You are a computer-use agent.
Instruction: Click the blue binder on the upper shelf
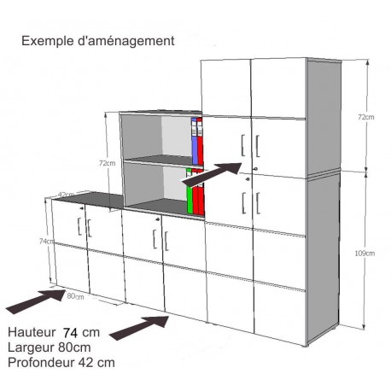[195, 141]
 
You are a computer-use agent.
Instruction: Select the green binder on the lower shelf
[190, 190]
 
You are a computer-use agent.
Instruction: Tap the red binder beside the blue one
[200, 141]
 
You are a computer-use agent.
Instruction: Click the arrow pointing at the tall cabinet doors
[212, 174]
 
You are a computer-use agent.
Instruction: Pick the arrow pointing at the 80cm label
[36, 301]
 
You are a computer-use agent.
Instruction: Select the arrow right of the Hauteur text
[139, 328]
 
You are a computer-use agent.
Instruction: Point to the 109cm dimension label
[365, 253]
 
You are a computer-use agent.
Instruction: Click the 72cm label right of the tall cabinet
[366, 117]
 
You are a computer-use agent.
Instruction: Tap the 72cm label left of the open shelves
[107, 163]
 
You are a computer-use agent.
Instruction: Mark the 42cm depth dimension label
[66, 195]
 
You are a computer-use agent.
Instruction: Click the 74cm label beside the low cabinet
[47, 241]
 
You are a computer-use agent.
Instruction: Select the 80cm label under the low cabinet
[75, 296]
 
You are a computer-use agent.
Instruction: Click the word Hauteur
[32, 332]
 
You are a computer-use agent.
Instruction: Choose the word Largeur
[31, 347]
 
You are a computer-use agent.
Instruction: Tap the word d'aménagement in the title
[126, 41]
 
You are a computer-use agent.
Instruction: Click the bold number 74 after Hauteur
[70, 333]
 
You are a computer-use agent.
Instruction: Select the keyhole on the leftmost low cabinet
[82, 208]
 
